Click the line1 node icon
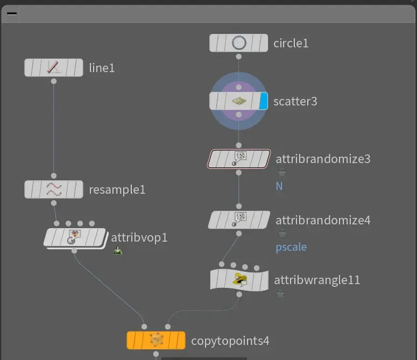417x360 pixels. [x=54, y=68]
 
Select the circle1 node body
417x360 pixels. [x=238, y=43]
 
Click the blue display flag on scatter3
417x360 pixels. [x=263, y=101]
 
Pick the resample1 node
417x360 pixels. [x=54, y=189]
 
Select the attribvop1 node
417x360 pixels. [x=75, y=237]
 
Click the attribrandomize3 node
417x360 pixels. [x=239, y=159]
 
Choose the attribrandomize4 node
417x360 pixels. [x=239, y=220]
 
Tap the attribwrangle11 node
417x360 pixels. [x=239, y=280]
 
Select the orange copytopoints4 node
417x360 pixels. [x=156, y=341]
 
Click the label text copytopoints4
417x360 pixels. [x=230, y=341]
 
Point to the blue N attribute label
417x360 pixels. [x=279, y=186]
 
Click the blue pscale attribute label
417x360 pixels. [x=291, y=247]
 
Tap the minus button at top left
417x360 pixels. [x=11, y=15]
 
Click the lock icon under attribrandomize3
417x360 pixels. [x=281, y=173]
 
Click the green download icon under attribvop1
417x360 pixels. [x=118, y=250]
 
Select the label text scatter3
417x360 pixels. [x=295, y=101]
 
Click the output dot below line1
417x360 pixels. [x=54, y=81]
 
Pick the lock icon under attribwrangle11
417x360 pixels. [x=280, y=293]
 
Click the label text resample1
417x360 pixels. [x=117, y=189]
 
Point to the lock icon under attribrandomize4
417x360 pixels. [x=281, y=234]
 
